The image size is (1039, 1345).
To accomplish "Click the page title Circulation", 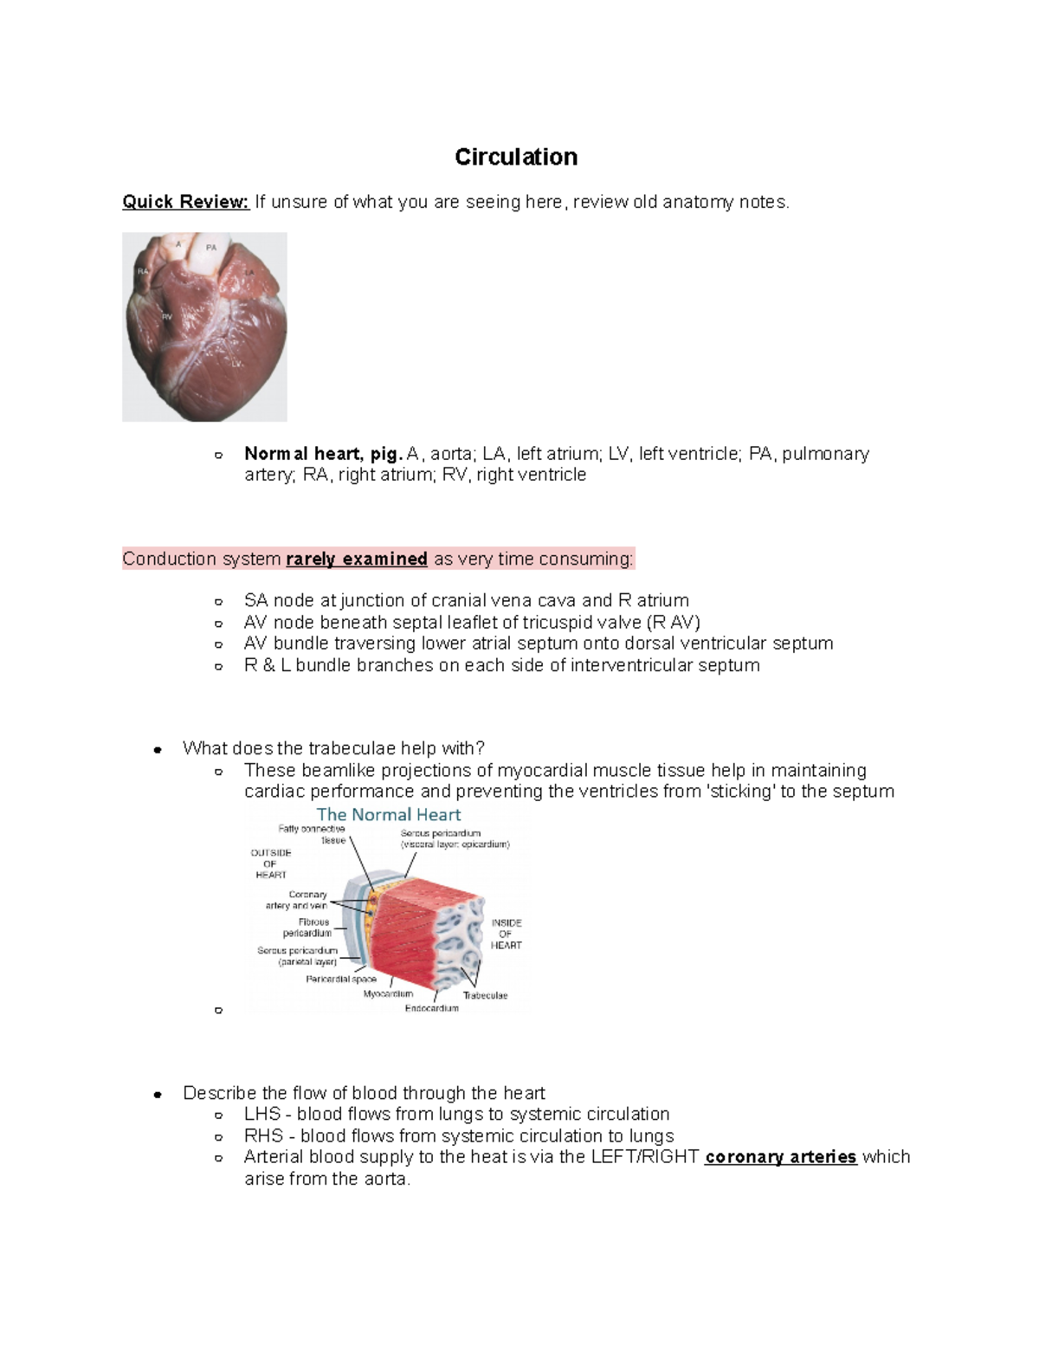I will (x=516, y=157).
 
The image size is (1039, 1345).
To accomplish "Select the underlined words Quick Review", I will (x=185, y=202).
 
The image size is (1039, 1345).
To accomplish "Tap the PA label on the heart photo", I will (x=211, y=248).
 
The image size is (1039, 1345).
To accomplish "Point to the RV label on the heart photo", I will (x=167, y=317).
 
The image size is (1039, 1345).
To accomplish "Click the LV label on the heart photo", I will (x=236, y=364).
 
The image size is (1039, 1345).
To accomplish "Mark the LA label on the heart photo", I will (x=249, y=272).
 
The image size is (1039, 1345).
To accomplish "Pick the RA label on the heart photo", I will (x=142, y=271).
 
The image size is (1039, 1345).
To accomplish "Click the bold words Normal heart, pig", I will (x=323, y=454).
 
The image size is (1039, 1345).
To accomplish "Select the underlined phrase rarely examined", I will (x=357, y=559).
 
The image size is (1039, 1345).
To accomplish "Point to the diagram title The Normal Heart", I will (x=388, y=815).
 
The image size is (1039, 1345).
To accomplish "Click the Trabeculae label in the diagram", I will (x=485, y=995).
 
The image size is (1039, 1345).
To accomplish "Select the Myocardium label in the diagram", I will (x=388, y=994).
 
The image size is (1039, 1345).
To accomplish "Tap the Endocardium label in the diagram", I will (x=431, y=1008).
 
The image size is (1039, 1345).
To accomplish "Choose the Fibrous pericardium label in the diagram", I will (x=308, y=928).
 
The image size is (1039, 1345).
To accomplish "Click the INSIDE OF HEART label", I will (x=507, y=934).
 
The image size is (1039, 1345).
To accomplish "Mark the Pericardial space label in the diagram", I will (x=340, y=979).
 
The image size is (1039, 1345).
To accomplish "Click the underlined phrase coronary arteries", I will (x=780, y=1157).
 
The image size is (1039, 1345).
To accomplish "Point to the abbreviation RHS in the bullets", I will (x=263, y=1136).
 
